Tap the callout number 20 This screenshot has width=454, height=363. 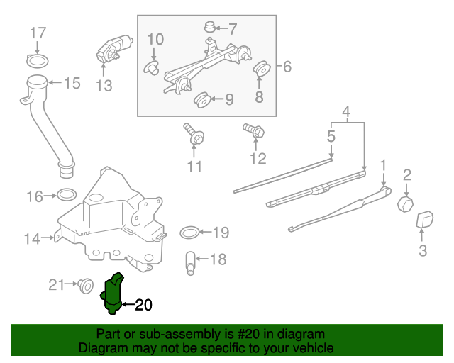pos(143,306)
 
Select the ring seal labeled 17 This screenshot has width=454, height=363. pos(39,57)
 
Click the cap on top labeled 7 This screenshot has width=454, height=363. pos(209,28)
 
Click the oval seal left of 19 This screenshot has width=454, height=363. pos(189,233)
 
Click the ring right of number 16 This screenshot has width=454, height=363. pos(67,195)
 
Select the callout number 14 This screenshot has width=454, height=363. pos(32,239)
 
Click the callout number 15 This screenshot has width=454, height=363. pos(72,84)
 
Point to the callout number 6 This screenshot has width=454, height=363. pos(287,67)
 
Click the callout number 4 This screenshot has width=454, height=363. pos(346,112)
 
